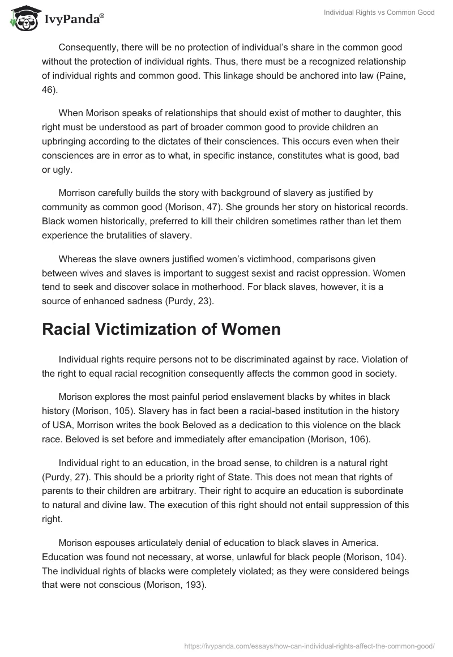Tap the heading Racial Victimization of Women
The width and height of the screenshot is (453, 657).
click(161, 329)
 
